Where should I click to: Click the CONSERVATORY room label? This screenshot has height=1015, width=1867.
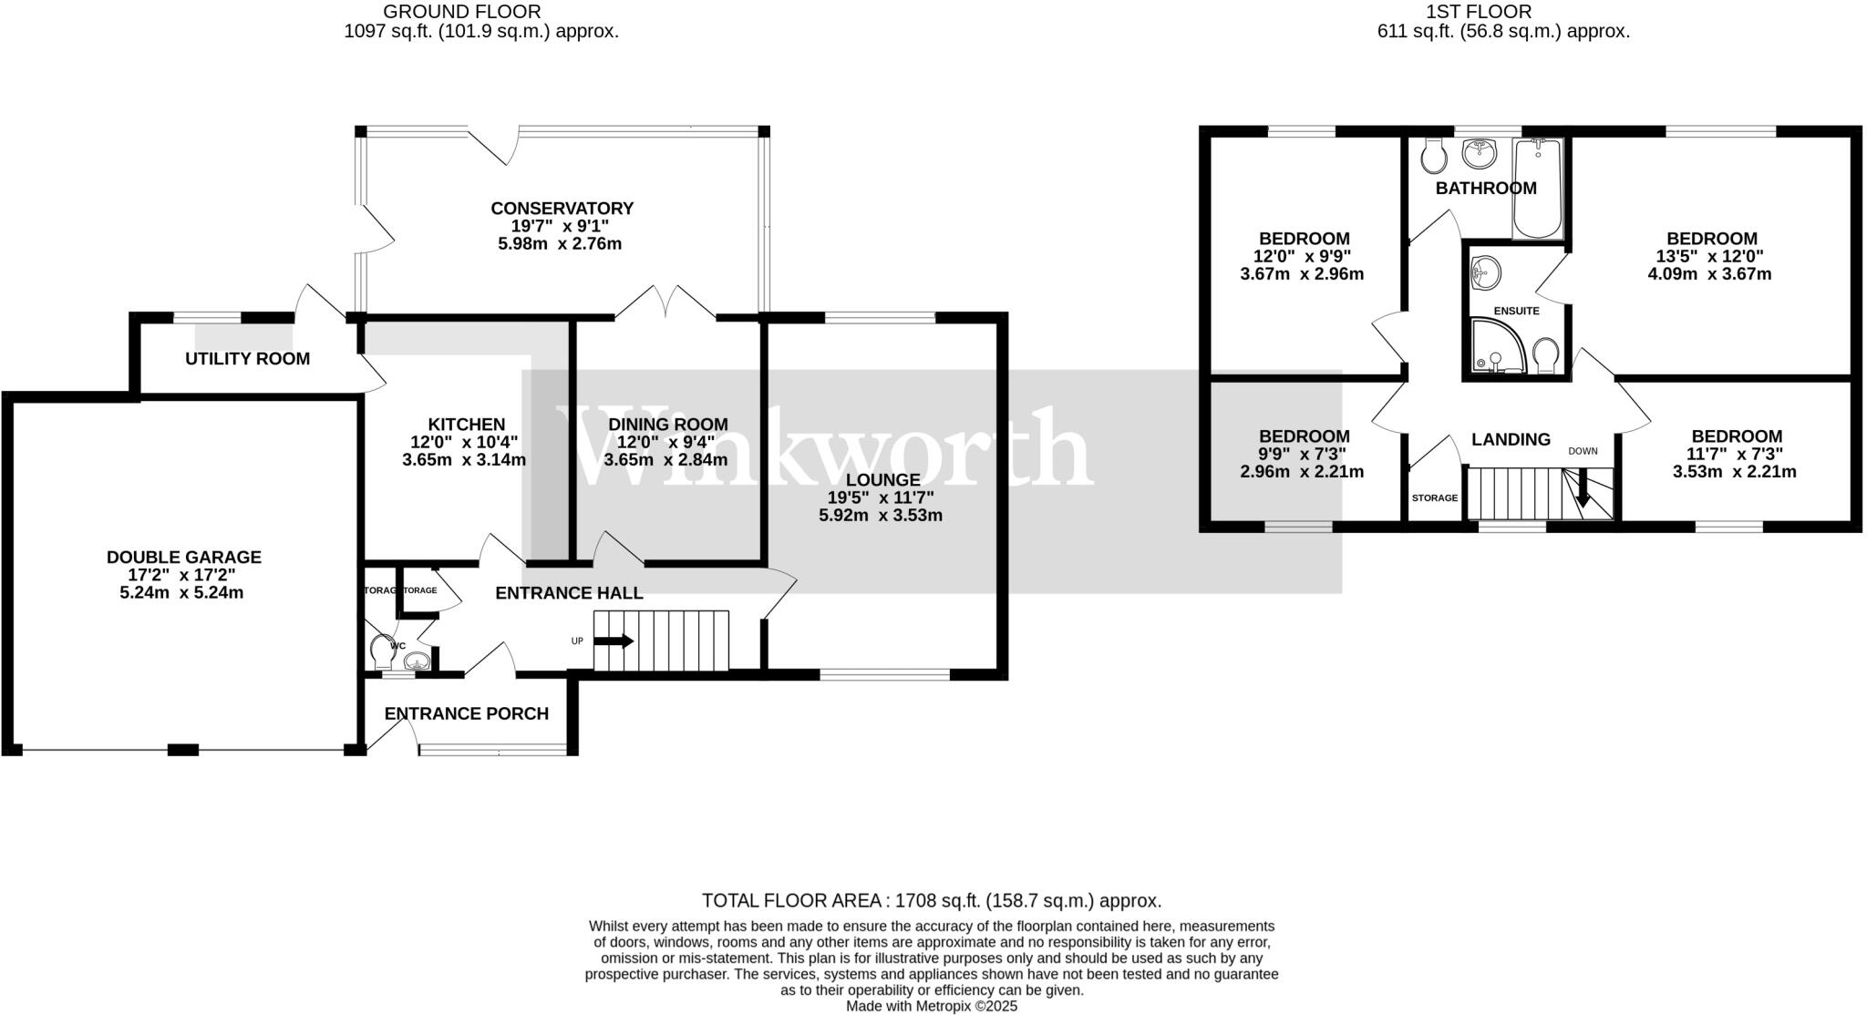pos(561,209)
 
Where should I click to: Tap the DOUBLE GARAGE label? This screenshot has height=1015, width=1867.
pos(183,557)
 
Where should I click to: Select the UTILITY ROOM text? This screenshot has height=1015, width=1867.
pos(247,359)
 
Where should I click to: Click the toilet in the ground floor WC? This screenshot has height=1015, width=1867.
pos(382,650)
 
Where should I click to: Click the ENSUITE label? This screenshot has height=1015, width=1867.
pos(1516,311)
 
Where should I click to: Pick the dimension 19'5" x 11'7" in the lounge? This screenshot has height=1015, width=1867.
pos(880,497)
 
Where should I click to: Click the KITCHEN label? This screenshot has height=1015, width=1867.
pos(466,425)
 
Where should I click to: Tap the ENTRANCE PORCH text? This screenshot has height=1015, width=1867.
pos(466,713)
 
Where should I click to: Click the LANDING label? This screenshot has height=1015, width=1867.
pos(1511,439)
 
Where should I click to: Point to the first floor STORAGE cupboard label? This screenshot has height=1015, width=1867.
pos(1435,498)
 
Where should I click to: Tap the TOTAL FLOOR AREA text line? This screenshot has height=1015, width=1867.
pos(931,901)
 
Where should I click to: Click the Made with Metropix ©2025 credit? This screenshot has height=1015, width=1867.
pos(931,1006)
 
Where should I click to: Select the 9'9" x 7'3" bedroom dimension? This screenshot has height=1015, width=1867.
pos(1302,454)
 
